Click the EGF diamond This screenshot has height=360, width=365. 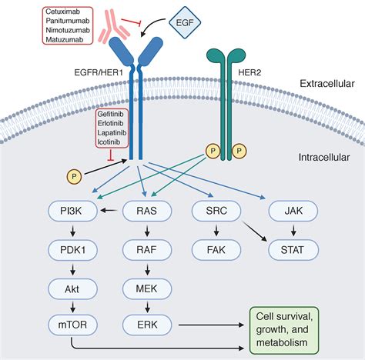pyautogui.click(x=185, y=22)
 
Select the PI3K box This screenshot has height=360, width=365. pyautogui.click(x=72, y=211)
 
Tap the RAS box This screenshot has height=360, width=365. pyautogui.click(x=147, y=211)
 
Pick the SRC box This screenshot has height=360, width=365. pyautogui.click(x=216, y=211)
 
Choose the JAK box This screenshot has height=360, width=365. pyautogui.click(x=293, y=211)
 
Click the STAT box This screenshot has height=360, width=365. pyautogui.click(x=293, y=250)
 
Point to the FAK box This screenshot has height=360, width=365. pyautogui.click(x=216, y=250)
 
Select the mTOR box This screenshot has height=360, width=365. pyautogui.click(x=72, y=325)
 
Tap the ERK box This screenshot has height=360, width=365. pyautogui.click(x=147, y=325)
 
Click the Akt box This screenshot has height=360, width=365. pyautogui.click(x=72, y=289)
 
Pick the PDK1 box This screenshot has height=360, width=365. pyautogui.click(x=72, y=250)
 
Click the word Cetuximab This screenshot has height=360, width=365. pyautogui.click(x=62, y=12)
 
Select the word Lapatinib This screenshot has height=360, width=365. pyautogui.click(x=112, y=132)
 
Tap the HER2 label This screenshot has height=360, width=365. pyautogui.click(x=249, y=72)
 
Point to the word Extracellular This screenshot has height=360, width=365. pyautogui.click(x=327, y=84)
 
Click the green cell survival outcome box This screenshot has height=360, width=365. pyautogui.click(x=284, y=330)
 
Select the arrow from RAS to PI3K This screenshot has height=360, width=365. pyautogui.click(x=109, y=211)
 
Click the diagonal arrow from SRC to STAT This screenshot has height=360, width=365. pyautogui.click(x=255, y=232)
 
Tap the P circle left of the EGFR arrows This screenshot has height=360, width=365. pyautogui.click(x=74, y=177)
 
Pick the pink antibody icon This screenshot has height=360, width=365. pyautogui.click(x=112, y=25)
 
